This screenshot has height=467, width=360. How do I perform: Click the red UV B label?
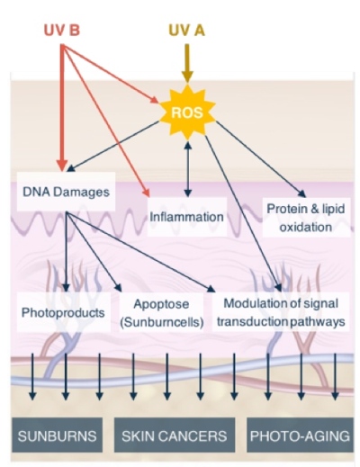click(x=62, y=31)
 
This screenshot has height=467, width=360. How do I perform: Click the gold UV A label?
click(x=186, y=31)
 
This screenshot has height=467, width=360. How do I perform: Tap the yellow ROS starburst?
click(x=187, y=112)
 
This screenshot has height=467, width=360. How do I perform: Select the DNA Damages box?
click(x=66, y=192)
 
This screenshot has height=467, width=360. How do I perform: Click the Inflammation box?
click(x=186, y=217)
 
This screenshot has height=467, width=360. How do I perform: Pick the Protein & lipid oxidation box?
click(x=306, y=218)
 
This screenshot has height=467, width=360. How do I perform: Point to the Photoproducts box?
click(x=63, y=312)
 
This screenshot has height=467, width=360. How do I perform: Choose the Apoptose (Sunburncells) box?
click(x=161, y=312)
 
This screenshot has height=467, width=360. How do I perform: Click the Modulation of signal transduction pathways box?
click(x=281, y=312)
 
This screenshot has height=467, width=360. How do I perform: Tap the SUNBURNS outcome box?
click(x=57, y=435)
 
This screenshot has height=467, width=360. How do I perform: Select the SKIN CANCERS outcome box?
click(x=175, y=435)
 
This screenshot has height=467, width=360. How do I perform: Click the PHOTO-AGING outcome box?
click(x=300, y=435)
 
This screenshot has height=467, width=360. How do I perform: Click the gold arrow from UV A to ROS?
click(x=187, y=63)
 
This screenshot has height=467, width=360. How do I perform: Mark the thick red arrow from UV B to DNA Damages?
click(x=62, y=108)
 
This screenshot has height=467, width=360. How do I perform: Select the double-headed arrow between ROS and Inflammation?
click(x=188, y=169)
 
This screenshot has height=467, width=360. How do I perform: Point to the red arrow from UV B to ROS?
click(x=111, y=74)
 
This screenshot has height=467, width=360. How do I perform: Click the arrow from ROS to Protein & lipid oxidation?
click(x=260, y=159)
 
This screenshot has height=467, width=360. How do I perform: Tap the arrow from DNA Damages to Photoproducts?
click(x=67, y=252)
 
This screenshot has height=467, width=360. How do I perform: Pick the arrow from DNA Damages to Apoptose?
click(x=94, y=252)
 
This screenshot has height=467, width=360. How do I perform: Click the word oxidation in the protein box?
click(x=306, y=227)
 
